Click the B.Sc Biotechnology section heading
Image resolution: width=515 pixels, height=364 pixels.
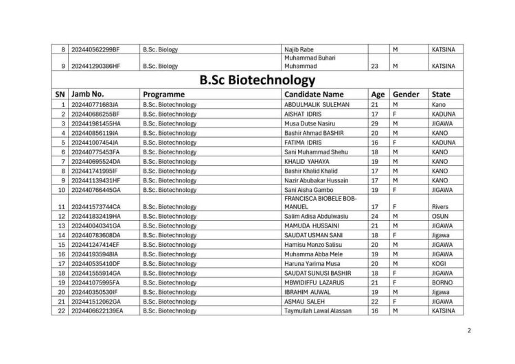click(x=257, y=80)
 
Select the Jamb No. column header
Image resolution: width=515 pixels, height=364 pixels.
click(x=87, y=94)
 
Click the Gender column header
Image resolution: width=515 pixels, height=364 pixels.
click(x=406, y=94)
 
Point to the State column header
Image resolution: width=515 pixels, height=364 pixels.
click(x=441, y=94)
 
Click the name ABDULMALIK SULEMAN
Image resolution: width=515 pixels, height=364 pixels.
click(x=317, y=104)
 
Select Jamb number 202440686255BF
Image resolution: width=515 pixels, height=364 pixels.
click(x=95, y=113)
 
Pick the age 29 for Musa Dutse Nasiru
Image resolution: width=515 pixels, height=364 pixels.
click(x=375, y=123)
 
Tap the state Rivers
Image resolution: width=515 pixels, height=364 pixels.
click(x=440, y=206)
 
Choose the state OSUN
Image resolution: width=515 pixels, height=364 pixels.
click(x=440, y=216)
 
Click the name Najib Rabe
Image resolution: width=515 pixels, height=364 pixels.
click(x=299, y=50)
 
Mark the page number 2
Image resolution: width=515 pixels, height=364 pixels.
click(x=468, y=331)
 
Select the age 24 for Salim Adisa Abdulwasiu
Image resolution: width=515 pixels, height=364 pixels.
click(x=375, y=216)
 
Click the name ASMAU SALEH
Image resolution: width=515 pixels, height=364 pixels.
click(x=304, y=301)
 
